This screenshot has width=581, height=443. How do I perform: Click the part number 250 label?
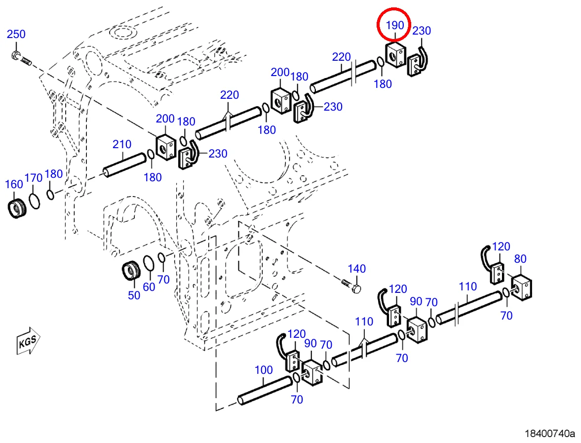coord(16,34)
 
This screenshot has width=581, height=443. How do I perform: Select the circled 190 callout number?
coord(394,25)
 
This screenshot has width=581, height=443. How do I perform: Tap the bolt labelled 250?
coord(22,58)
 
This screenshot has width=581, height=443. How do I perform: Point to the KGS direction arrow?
coord(28,340)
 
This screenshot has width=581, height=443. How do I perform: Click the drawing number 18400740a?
coord(549,433)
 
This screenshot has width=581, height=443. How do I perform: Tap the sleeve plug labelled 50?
coord(131,271)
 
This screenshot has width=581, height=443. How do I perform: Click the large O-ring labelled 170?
coord(35,201)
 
